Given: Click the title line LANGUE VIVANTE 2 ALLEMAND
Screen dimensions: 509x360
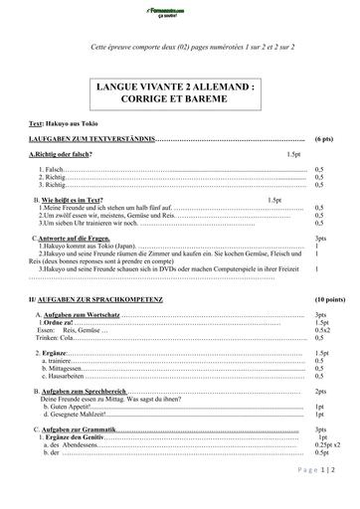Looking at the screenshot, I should tap(179, 88).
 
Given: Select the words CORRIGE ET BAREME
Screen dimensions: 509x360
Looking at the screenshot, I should tap(179, 101).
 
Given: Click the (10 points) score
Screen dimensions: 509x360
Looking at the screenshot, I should tap(325, 299).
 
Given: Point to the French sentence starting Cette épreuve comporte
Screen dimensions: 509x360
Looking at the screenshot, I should tap(179, 46).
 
